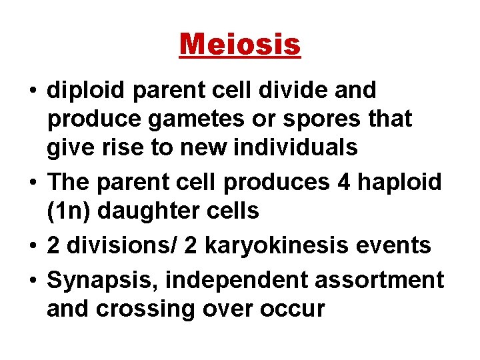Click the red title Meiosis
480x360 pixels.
click(240, 45)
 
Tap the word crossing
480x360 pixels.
click(156, 309)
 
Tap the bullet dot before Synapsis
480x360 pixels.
click(32, 280)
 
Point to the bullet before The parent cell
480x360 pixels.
click(32, 182)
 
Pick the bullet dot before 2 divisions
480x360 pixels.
click(32, 245)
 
